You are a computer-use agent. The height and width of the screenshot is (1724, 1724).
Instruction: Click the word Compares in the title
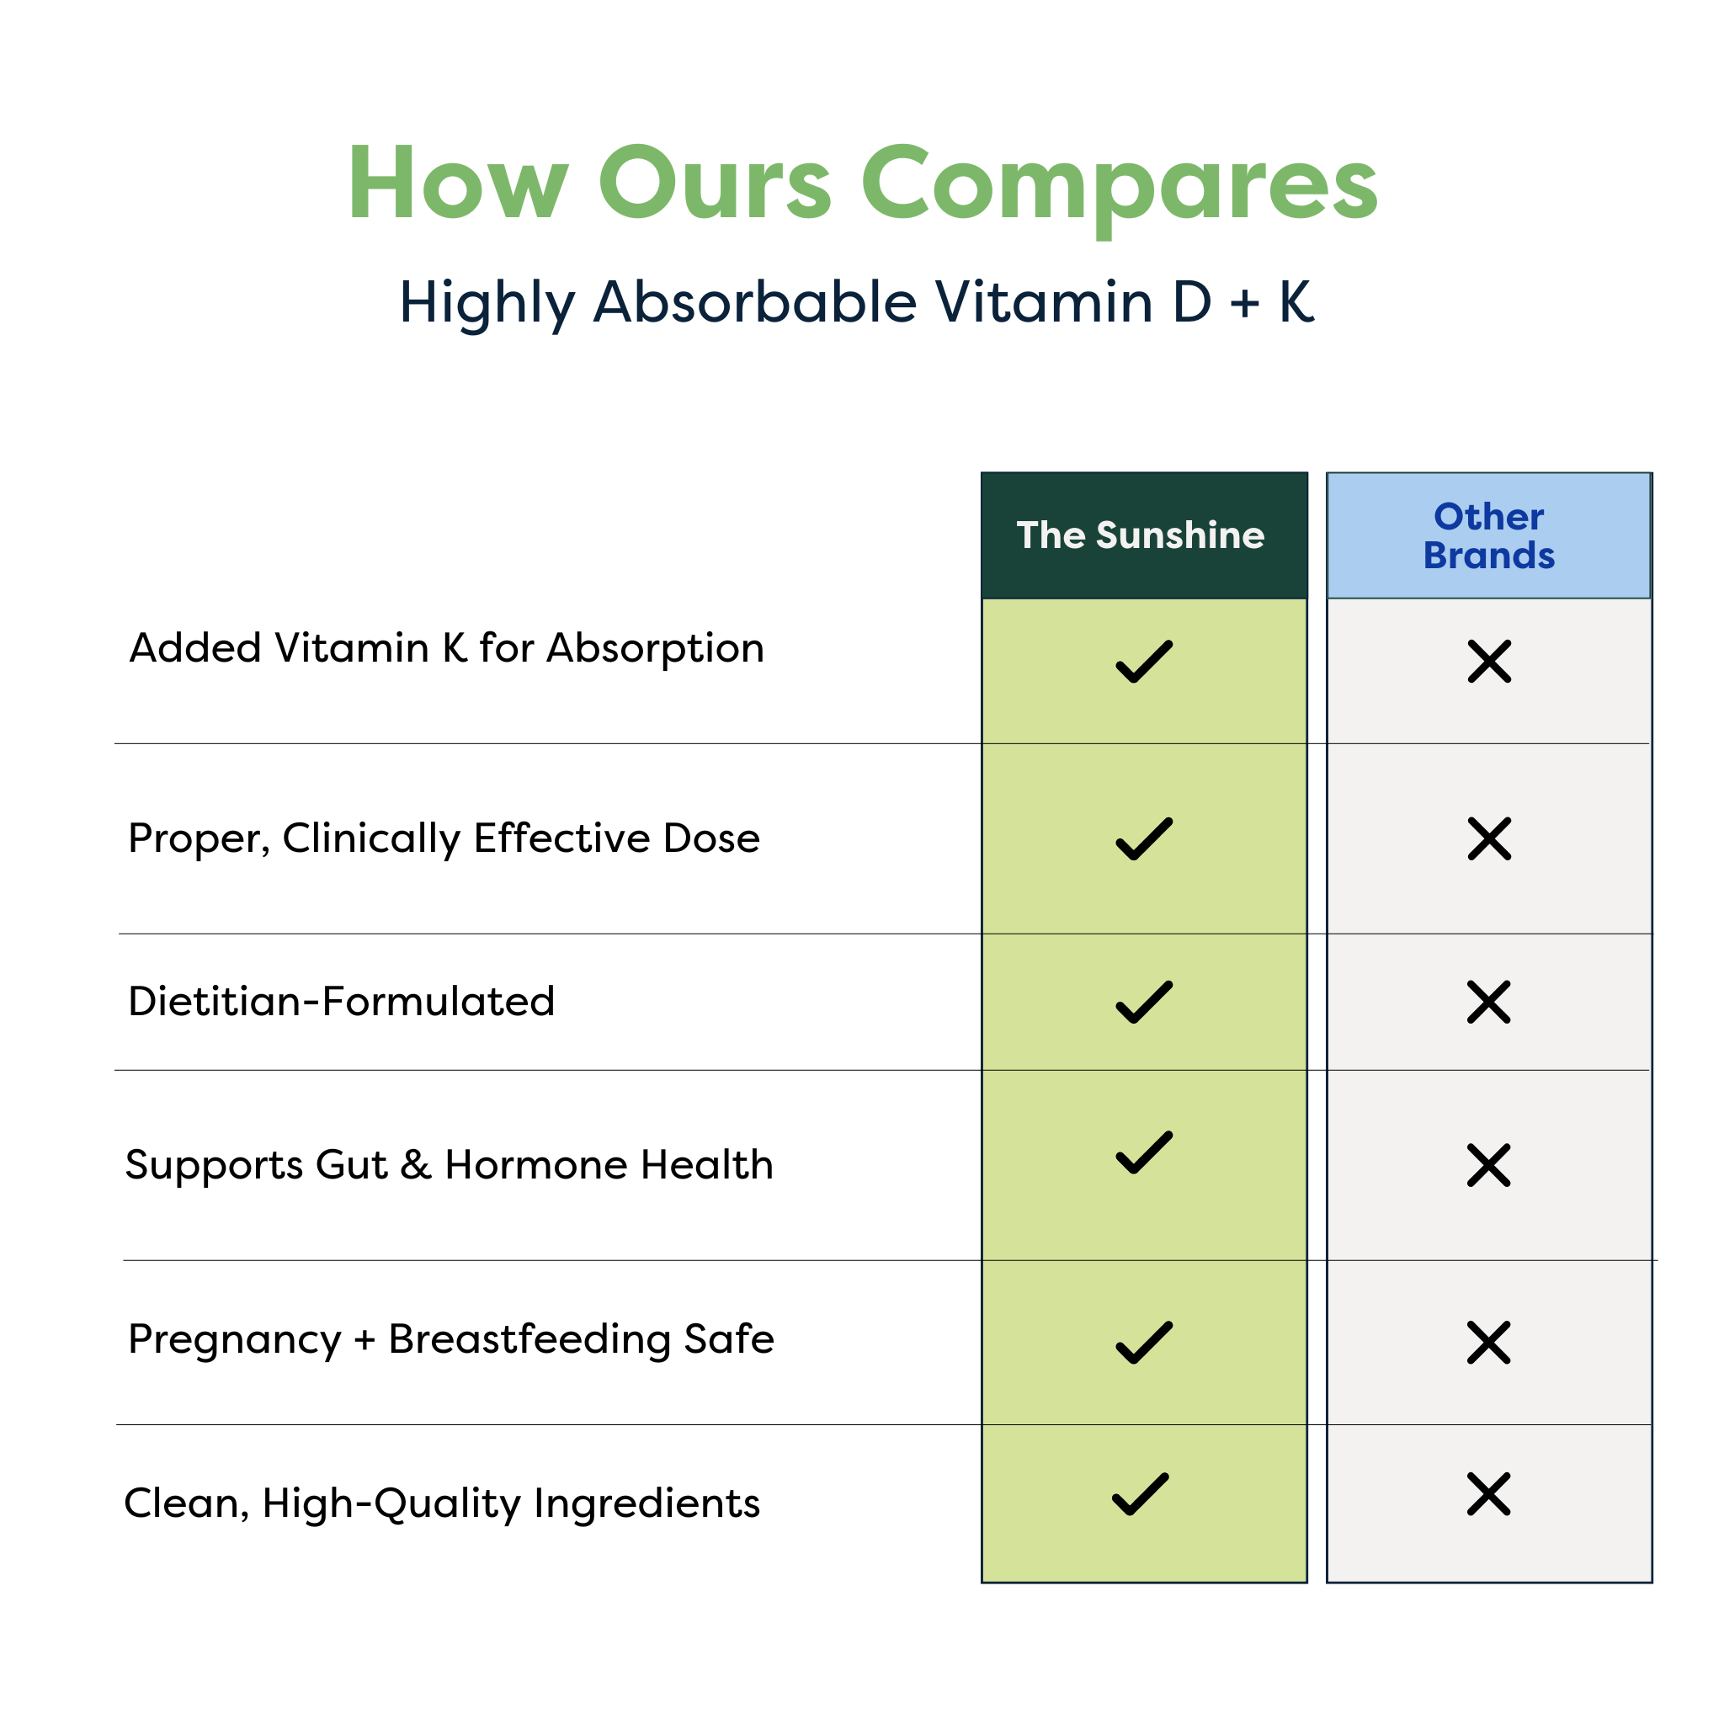click(x=1119, y=184)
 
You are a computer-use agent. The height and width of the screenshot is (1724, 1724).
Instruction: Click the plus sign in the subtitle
click(x=1244, y=303)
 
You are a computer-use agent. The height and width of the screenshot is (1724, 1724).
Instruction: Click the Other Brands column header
click(x=1488, y=535)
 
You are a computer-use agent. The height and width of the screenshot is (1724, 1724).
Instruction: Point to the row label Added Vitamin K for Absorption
click(x=446, y=648)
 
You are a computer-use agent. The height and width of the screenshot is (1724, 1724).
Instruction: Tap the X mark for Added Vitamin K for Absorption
click(x=1489, y=661)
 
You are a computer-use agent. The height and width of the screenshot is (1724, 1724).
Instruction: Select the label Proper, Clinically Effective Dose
click(x=444, y=838)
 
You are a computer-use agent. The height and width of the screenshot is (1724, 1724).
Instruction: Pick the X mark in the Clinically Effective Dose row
click(x=1489, y=838)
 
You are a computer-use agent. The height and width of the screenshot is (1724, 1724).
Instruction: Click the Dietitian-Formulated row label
click(x=341, y=1001)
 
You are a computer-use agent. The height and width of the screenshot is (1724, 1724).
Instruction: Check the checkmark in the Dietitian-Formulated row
click(x=1144, y=1002)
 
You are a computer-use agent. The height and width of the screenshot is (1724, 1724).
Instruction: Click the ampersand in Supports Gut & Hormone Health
click(x=416, y=1165)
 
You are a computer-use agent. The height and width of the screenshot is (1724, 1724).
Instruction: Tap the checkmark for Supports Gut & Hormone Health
click(x=1144, y=1153)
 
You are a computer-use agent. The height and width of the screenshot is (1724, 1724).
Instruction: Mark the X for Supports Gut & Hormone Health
click(x=1488, y=1165)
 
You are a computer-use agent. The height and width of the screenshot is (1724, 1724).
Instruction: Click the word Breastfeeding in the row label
click(x=529, y=1339)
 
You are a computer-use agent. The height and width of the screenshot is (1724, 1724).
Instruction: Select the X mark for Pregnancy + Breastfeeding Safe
click(x=1488, y=1343)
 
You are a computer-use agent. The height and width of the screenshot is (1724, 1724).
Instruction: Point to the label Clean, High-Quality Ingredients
click(x=442, y=1503)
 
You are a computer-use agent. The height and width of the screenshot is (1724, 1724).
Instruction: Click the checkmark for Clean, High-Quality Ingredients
click(x=1141, y=1495)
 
